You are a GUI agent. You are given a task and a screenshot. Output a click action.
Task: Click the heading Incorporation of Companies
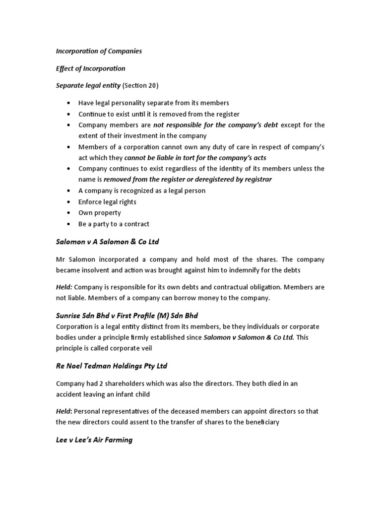(x=99, y=51)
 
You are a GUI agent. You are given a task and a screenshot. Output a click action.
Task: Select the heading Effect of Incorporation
(x=90, y=68)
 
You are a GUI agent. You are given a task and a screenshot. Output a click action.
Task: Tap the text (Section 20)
(x=140, y=86)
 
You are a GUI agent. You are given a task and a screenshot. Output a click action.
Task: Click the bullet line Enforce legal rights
(x=107, y=202)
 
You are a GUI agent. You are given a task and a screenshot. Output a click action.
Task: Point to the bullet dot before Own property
(x=67, y=213)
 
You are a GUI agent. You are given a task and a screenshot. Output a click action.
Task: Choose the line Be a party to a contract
(x=114, y=224)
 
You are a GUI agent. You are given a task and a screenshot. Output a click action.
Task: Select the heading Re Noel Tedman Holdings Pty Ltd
(x=111, y=366)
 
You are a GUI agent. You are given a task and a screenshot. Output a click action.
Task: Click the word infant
(x=126, y=394)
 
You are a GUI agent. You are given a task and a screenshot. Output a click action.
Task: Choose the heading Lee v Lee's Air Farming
(x=94, y=440)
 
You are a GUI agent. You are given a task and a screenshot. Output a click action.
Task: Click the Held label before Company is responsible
(x=63, y=288)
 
